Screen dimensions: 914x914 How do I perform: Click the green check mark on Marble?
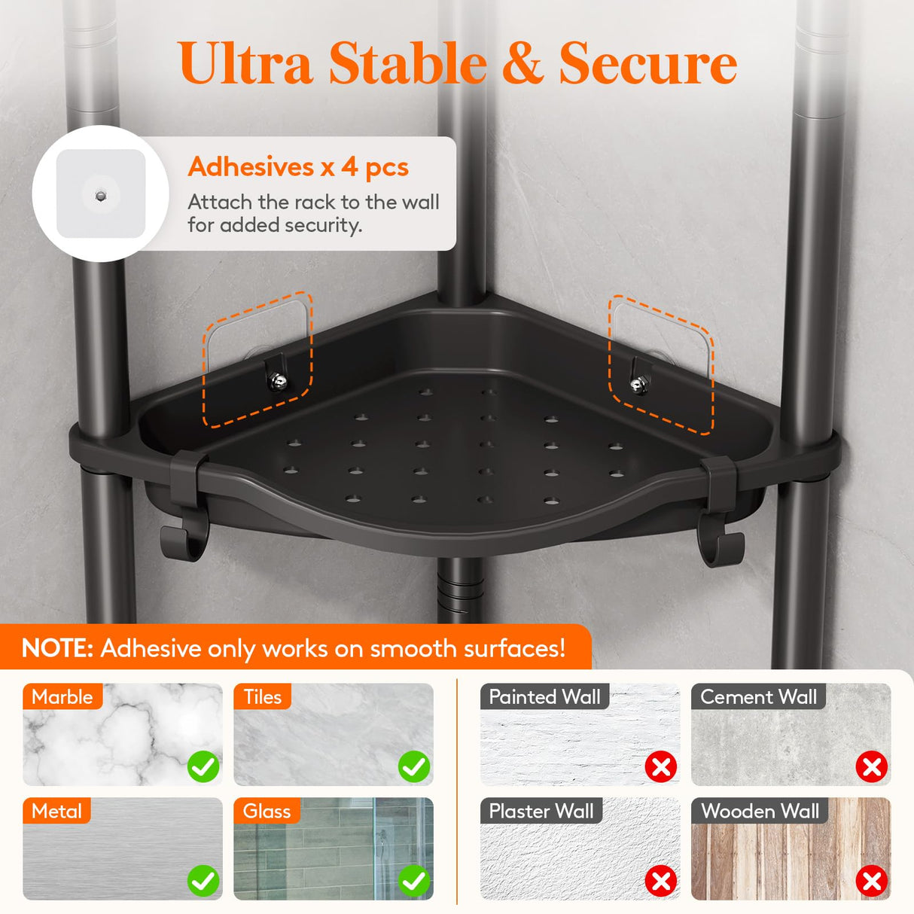[x=203, y=767]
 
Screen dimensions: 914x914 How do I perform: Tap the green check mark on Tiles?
[x=414, y=767]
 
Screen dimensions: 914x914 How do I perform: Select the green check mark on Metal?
[x=203, y=881]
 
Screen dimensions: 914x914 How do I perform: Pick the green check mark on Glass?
[x=414, y=881]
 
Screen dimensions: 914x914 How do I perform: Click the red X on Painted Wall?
[x=661, y=767]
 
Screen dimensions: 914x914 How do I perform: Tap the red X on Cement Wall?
[x=872, y=767]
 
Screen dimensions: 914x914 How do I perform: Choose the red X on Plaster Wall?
[x=661, y=881]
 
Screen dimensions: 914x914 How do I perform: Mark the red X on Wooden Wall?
[x=872, y=881]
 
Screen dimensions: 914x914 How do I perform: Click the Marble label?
[x=62, y=697]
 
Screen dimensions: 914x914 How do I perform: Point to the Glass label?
[x=267, y=811]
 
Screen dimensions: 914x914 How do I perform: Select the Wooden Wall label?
[x=760, y=811]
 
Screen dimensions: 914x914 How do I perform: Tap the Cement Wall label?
[x=758, y=697]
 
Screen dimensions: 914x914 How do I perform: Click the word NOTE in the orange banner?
[x=56, y=648]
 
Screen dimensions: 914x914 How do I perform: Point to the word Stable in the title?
[x=407, y=64]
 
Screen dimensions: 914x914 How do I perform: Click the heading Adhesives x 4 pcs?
[x=298, y=167]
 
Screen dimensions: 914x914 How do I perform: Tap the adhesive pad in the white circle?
[x=101, y=194]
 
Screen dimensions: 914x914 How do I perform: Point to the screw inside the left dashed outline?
[x=277, y=381]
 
